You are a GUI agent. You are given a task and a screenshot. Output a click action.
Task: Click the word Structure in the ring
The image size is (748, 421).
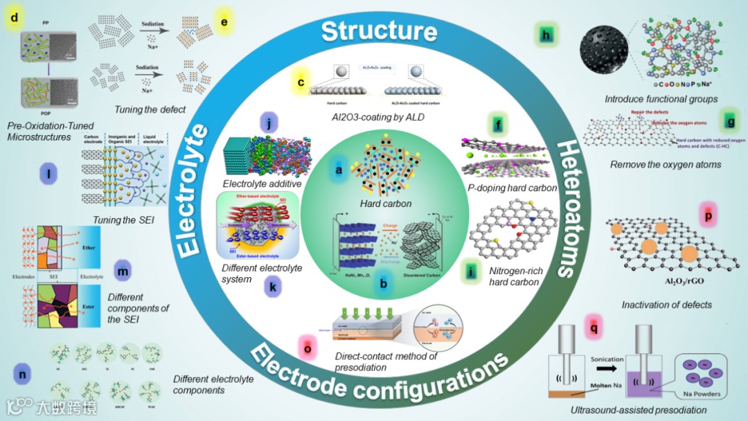(x=379, y=31)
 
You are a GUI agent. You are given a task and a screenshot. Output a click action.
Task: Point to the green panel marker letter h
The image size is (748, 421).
(x=548, y=34)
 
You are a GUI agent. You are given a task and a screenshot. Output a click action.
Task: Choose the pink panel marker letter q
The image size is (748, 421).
(x=592, y=322)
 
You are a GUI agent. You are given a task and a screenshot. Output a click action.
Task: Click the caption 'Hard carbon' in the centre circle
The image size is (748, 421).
(x=386, y=204)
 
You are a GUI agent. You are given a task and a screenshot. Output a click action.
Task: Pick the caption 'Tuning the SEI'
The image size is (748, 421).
(x=123, y=221)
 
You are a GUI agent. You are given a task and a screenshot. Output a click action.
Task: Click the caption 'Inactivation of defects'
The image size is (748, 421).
(x=666, y=304)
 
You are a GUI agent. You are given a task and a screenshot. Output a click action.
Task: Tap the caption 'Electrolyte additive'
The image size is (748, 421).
(x=262, y=183)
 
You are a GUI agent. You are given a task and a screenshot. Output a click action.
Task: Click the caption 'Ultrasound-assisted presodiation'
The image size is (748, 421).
(x=638, y=410)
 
